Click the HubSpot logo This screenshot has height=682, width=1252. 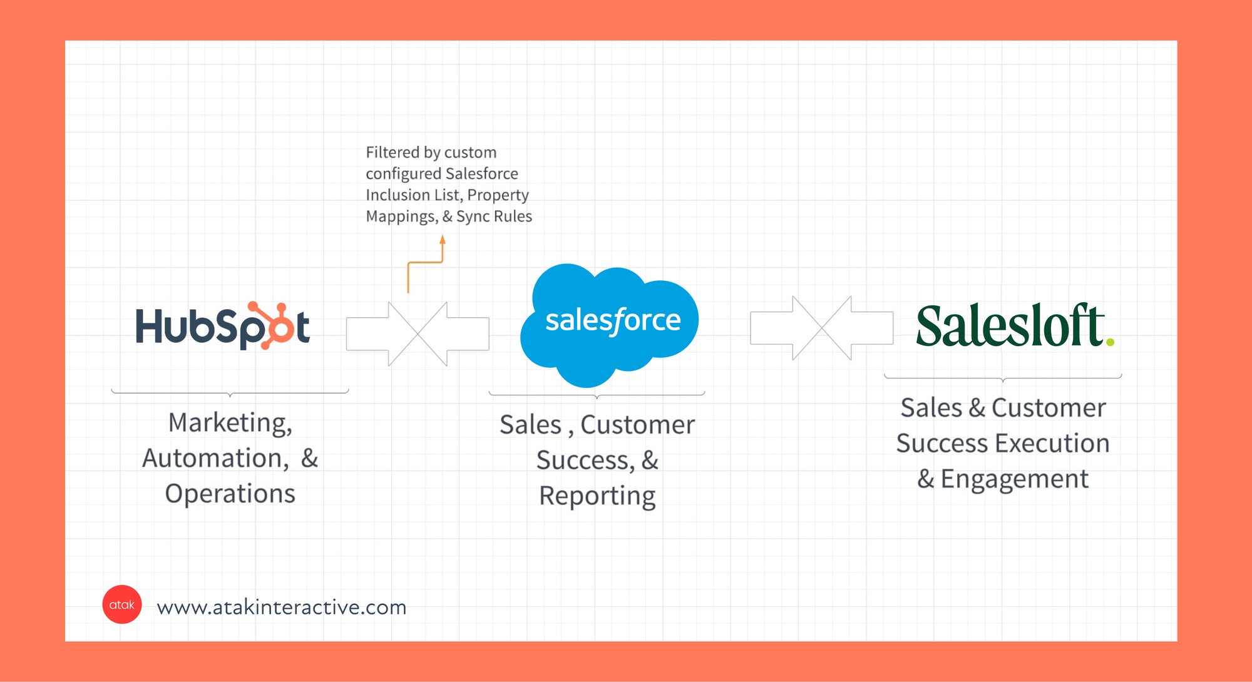(223, 325)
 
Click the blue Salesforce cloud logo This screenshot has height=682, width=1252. (609, 325)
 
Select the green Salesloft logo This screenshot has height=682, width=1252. (1015, 325)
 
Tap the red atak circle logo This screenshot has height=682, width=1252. (122, 604)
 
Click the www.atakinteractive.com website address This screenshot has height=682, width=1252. (282, 607)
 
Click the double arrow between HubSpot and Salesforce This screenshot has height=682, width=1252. (418, 333)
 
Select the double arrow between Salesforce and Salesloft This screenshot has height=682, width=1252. (822, 328)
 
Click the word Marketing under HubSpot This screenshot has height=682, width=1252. (230, 424)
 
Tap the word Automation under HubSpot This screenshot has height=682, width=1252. (215, 459)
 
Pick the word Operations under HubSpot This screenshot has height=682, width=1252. (230, 494)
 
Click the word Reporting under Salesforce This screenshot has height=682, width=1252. (597, 496)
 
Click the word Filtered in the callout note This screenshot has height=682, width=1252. (393, 152)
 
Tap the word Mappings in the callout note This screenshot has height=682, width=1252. (402, 216)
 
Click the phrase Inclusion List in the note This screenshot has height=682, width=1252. (414, 195)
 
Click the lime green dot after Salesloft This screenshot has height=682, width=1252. (1110, 342)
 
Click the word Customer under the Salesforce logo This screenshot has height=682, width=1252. (637, 425)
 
